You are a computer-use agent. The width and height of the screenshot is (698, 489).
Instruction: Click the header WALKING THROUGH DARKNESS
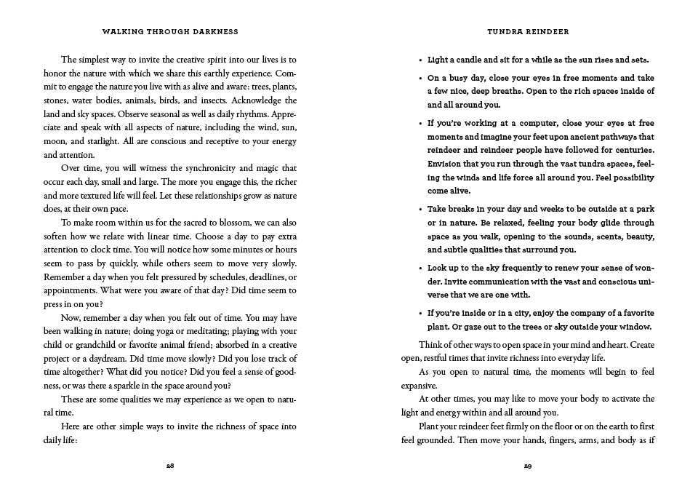170,33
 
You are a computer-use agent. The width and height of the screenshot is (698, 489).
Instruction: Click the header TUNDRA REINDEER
528,33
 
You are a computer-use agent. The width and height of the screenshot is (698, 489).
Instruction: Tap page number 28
170,465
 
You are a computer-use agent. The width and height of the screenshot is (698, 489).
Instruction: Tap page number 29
528,465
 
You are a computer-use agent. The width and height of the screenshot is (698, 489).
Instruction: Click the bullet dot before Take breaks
421,210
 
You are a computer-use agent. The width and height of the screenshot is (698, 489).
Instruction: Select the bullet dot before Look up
421,269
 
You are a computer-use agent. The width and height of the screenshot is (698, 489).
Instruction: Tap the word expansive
419,386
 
